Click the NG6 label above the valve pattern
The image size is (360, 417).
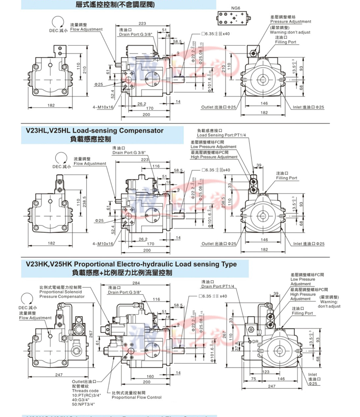pyautogui.click(x=235, y=8)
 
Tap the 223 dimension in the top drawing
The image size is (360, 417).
pyautogui.click(x=142, y=24)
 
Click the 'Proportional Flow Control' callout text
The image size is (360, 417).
pyautogui.click(x=137, y=397)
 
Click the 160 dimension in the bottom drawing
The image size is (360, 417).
pyautogui.click(x=150, y=376)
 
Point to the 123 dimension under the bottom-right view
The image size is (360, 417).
pyautogui.click(x=266, y=371)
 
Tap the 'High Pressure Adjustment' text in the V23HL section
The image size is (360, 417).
pyautogui.click(x=214, y=157)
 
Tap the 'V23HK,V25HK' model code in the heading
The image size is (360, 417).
pyautogui.click(x=46, y=264)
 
